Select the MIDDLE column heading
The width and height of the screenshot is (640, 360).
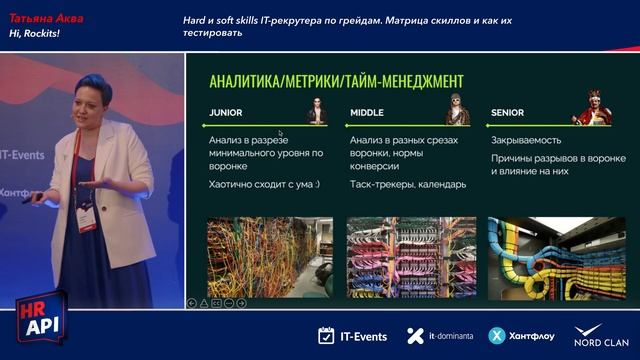[368, 112]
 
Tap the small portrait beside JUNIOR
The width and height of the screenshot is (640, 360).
[316, 111]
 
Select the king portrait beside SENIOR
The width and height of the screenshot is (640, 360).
[593, 109]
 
